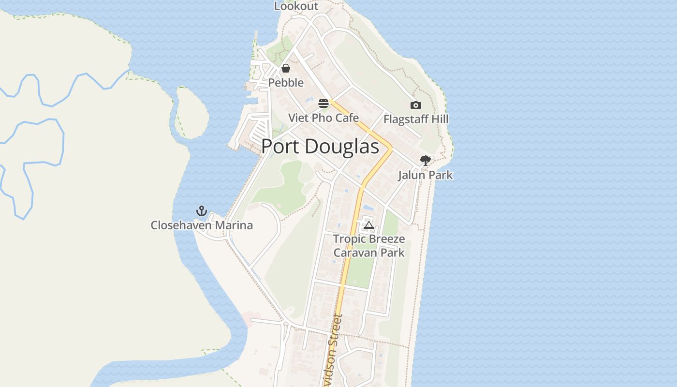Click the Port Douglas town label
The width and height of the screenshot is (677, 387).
pos(320,147)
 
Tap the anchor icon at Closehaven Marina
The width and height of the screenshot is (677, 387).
pos(201,211)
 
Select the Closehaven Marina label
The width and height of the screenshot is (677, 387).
pos(202,225)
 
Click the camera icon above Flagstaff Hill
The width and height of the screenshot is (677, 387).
pos(415,105)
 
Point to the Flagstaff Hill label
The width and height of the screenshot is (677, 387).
pos(416,119)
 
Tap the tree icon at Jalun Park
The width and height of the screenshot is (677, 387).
pos(425,160)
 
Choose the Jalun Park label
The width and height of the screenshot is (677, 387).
pos(425,175)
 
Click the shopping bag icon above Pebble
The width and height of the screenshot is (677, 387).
pos(286,68)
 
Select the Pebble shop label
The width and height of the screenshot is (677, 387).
pos(286,83)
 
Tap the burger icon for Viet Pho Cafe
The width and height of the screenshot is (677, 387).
pos(324,104)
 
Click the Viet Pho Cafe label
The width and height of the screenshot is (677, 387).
pos(324,118)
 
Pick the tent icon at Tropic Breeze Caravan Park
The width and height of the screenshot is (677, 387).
pos(369,225)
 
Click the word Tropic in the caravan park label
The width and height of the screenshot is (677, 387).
pos(348,239)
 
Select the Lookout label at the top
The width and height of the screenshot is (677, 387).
pos(296,6)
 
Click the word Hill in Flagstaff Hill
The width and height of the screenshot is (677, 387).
pos(440,119)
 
